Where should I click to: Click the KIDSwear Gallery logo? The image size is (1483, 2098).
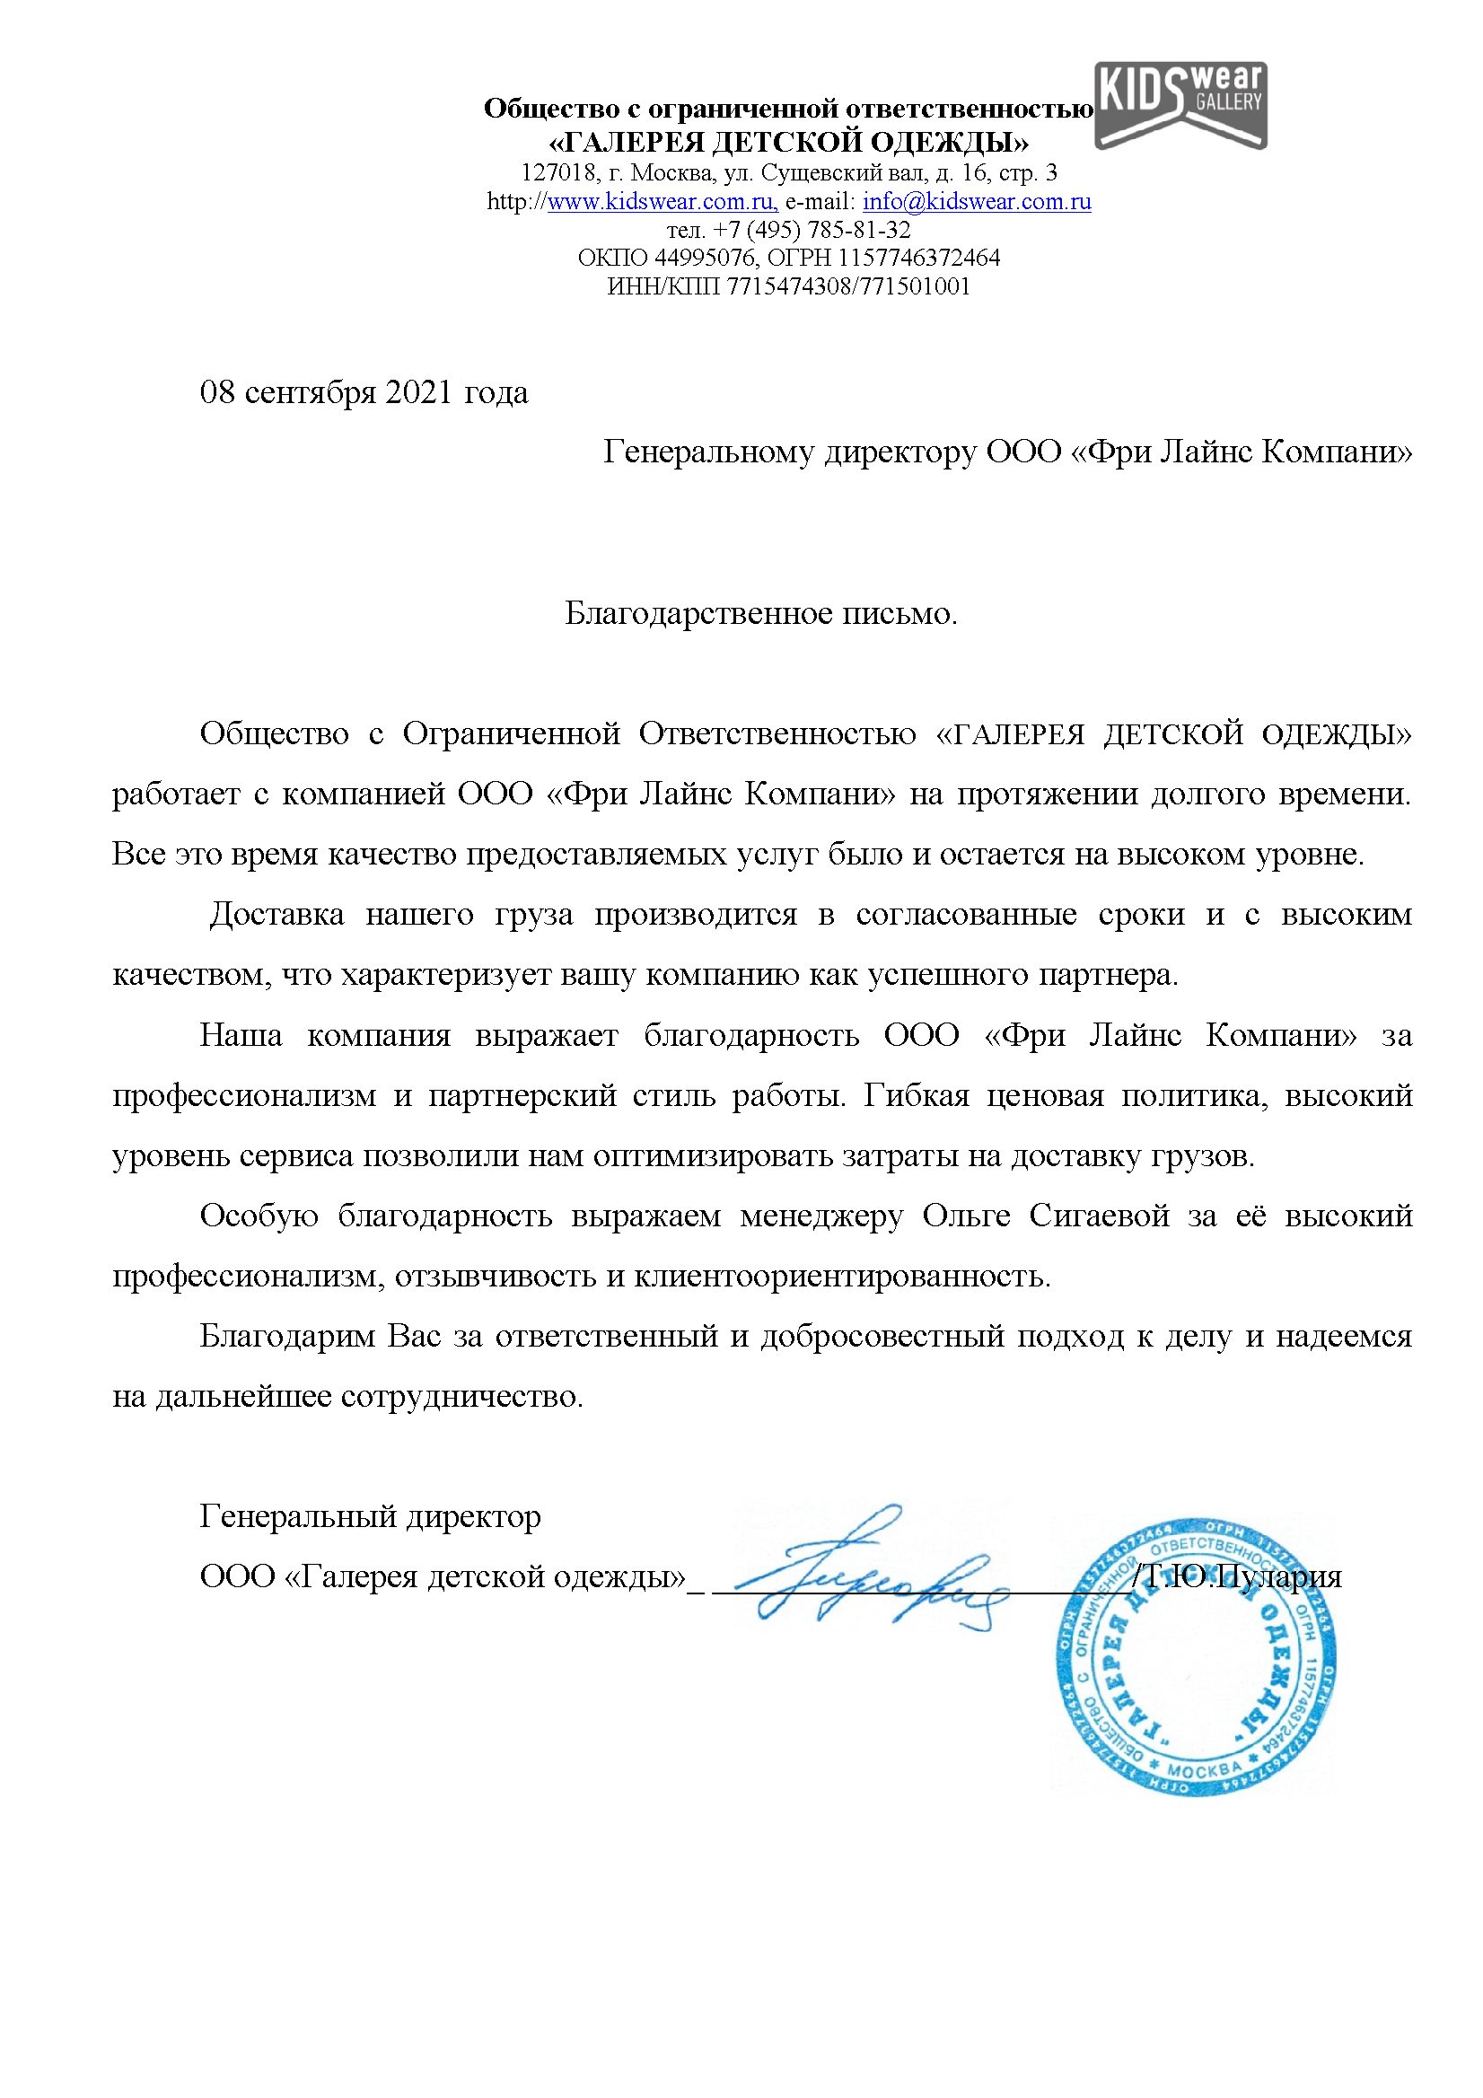pyautogui.click(x=1180, y=104)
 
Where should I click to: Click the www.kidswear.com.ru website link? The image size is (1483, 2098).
pyautogui.click(x=662, y=202)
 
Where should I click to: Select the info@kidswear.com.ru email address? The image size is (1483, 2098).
pyautogui.click(x=977, y=202)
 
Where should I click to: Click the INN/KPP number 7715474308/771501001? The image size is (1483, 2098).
pyautogui.click(x=848, y=286)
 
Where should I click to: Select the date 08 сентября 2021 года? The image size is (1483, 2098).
pyautogui.click(x=364, y=393)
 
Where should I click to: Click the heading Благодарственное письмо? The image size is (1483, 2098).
pyautogui.click(x=760, y=613)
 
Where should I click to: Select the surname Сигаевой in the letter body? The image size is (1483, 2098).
pyautogui.click(x=1099, y=1216)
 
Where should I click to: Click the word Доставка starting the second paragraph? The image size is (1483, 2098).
pyautogui.click(x=276, y=915)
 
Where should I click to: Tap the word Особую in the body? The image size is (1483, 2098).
pyautogui.click(x=259, y=1216)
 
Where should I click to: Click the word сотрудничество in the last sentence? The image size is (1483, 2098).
pyautogui.click(x=461, y=1397)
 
